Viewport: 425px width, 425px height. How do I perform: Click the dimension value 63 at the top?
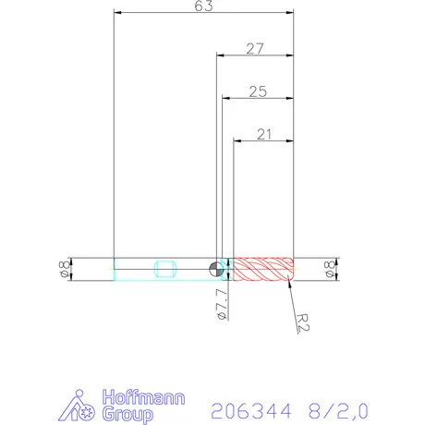click(x=204, y=6)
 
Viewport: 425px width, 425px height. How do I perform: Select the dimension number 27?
click(x=255, y=48)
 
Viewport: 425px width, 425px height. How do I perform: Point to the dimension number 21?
click(x=263, y=134)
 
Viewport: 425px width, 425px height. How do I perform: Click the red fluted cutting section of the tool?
click(x=262, y=269)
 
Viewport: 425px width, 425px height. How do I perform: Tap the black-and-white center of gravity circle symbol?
click(x=215, y=269)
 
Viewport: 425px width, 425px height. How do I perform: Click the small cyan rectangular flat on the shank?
click(x=167, y=269)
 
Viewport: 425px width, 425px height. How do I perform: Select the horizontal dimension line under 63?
click(x=203, y=14)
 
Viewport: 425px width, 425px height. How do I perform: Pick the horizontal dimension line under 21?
click(x=263, y=141)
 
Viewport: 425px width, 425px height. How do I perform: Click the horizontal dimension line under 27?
click(x=255, y=55)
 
